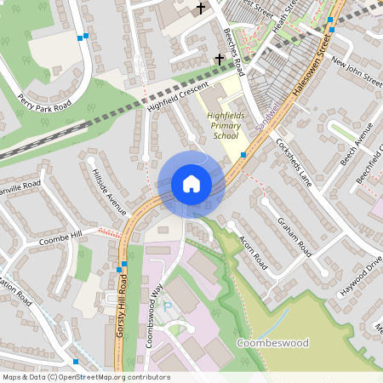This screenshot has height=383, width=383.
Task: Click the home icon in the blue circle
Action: point(191,184)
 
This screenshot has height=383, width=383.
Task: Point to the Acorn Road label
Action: point(253,252)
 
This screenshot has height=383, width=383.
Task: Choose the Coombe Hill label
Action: point(60,239)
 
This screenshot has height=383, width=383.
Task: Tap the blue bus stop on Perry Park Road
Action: point(82,37)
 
